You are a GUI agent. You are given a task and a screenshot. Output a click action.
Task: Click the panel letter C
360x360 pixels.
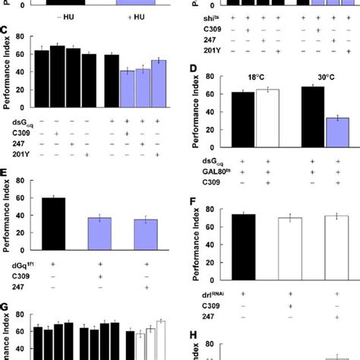tap(5, 34)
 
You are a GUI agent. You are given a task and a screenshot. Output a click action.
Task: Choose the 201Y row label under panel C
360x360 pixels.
tap(15, 154)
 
